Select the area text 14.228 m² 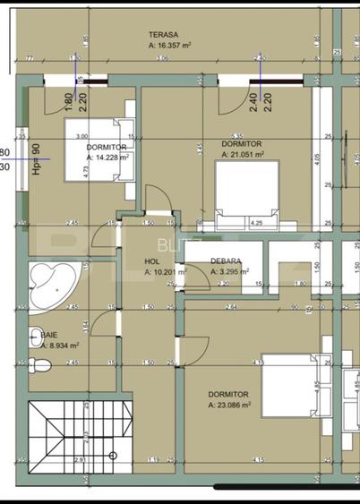[x=111, y=156]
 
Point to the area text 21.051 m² [x=245, y=153]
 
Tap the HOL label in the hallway [x=151, y=261]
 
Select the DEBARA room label [x=225, y=261]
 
